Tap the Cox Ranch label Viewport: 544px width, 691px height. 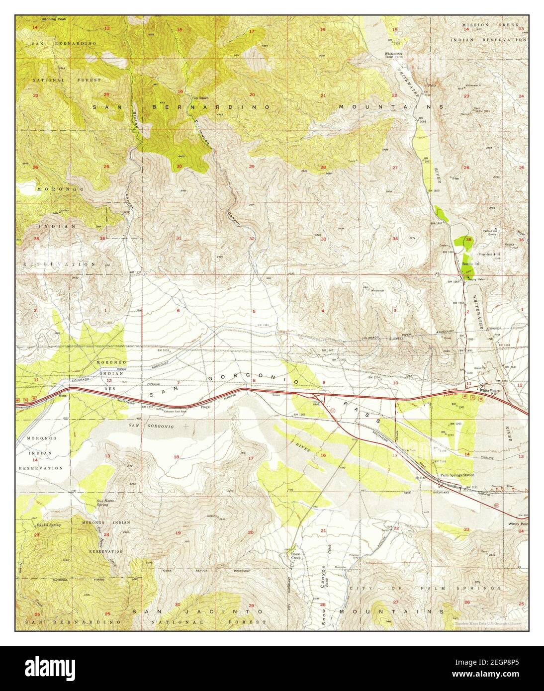point(200,97)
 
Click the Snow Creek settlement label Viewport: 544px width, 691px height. point(296,555)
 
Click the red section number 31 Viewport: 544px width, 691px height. point(178,238)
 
